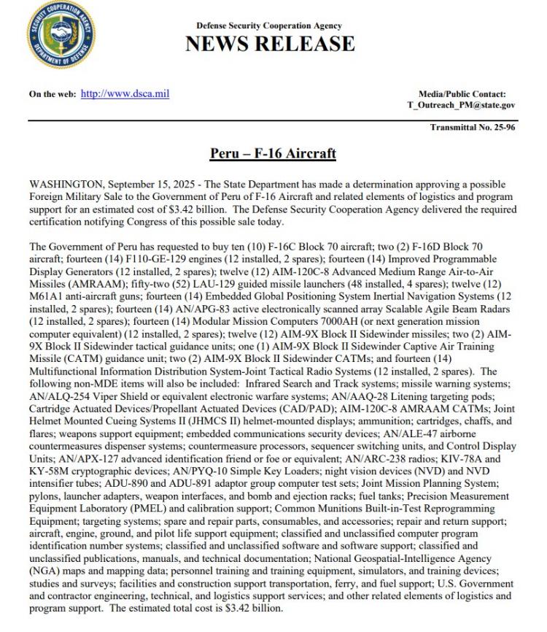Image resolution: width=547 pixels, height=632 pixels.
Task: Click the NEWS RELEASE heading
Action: click(270, 44)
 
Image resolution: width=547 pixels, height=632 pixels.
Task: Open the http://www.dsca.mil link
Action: click(125, 94)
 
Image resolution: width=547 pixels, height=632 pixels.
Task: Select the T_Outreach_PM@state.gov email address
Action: click(461, 105)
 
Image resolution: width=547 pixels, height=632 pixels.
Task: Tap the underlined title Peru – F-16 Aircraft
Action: click(273, 153)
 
